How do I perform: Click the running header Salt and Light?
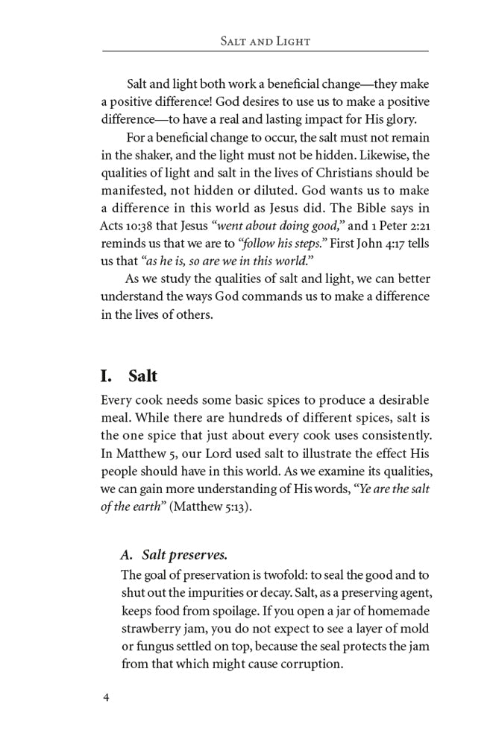265,41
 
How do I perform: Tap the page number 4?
106,698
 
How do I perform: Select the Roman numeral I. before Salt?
110,375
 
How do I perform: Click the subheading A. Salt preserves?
174,555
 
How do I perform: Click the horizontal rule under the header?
265,51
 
